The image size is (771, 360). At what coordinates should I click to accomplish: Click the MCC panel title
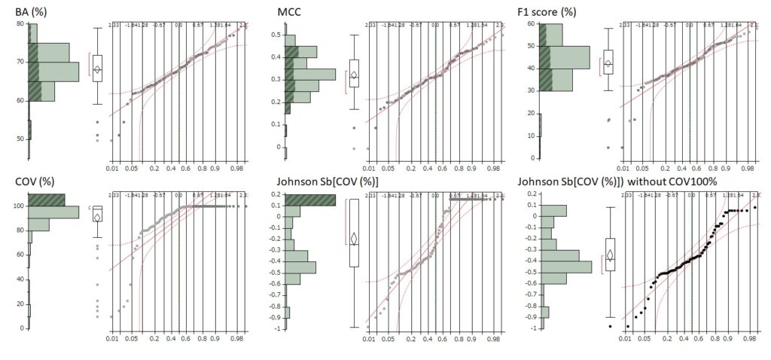287,11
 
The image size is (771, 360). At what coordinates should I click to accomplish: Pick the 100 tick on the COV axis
17,206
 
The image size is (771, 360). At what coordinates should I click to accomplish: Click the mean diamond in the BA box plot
96,69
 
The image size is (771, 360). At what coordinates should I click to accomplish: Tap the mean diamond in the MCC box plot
354,75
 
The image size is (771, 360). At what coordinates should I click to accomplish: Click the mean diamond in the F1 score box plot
608,64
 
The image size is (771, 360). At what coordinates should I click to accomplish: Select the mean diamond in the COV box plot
96,217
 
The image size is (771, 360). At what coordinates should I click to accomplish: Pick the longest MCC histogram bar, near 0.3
310,75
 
